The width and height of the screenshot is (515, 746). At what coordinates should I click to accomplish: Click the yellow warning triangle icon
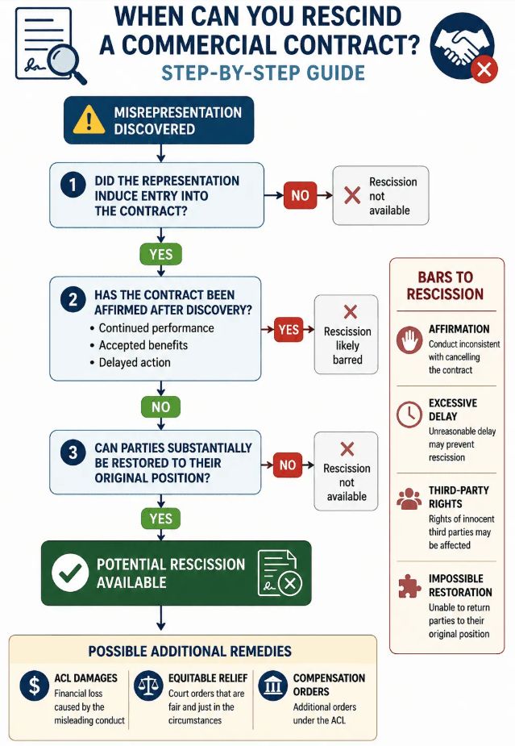89,119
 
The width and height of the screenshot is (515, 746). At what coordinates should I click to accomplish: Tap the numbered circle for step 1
73,185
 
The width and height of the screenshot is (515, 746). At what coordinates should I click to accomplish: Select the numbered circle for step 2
73,299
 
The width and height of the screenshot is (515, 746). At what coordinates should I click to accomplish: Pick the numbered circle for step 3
73,452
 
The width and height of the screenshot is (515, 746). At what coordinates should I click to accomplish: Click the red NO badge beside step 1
300,195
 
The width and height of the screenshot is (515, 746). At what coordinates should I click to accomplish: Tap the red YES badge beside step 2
289,329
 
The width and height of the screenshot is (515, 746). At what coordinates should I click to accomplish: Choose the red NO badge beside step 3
287,465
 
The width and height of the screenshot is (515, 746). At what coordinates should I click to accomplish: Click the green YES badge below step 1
160,254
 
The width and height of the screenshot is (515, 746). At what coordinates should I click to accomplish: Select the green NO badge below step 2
160,406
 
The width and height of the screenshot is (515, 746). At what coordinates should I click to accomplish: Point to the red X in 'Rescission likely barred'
351,312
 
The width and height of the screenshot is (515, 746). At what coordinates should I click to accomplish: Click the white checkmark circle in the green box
70,573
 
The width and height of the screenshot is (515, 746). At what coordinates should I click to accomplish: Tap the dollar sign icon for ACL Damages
34,686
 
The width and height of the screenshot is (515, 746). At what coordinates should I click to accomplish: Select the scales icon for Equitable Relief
148,686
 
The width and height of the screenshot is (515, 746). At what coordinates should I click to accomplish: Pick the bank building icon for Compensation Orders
272,686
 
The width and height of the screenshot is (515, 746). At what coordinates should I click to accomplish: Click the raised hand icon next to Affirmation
409,340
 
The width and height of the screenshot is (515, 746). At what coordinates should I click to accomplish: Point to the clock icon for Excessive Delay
409,415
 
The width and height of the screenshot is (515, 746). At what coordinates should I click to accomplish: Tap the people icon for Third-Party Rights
409,499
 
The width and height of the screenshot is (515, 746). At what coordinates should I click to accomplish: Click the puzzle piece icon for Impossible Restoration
409,586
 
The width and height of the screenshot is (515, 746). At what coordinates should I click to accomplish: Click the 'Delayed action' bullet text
135,363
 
